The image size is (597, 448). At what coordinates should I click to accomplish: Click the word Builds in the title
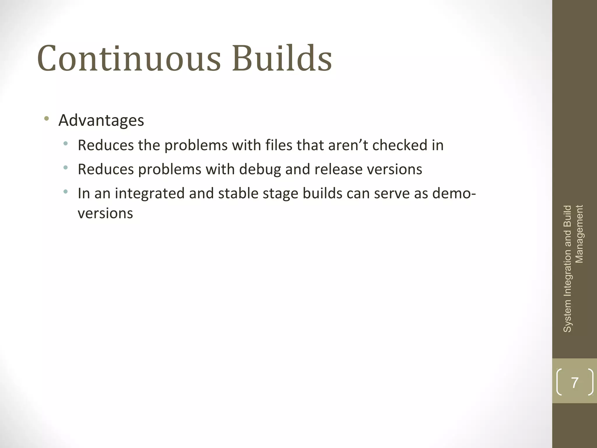click(x=282, y=58)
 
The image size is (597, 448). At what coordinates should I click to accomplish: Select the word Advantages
click(x=101, y=120)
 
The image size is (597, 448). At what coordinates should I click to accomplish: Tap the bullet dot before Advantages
click(x=46, y=118)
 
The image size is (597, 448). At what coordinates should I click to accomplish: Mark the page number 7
click(x=575, y=382)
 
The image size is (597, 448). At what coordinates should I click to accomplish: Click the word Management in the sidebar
click(x=580, y=234)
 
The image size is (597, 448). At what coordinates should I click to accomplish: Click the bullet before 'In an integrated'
click(x=66, y=192)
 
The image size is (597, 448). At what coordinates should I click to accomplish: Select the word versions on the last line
click(x=105, y=213)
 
